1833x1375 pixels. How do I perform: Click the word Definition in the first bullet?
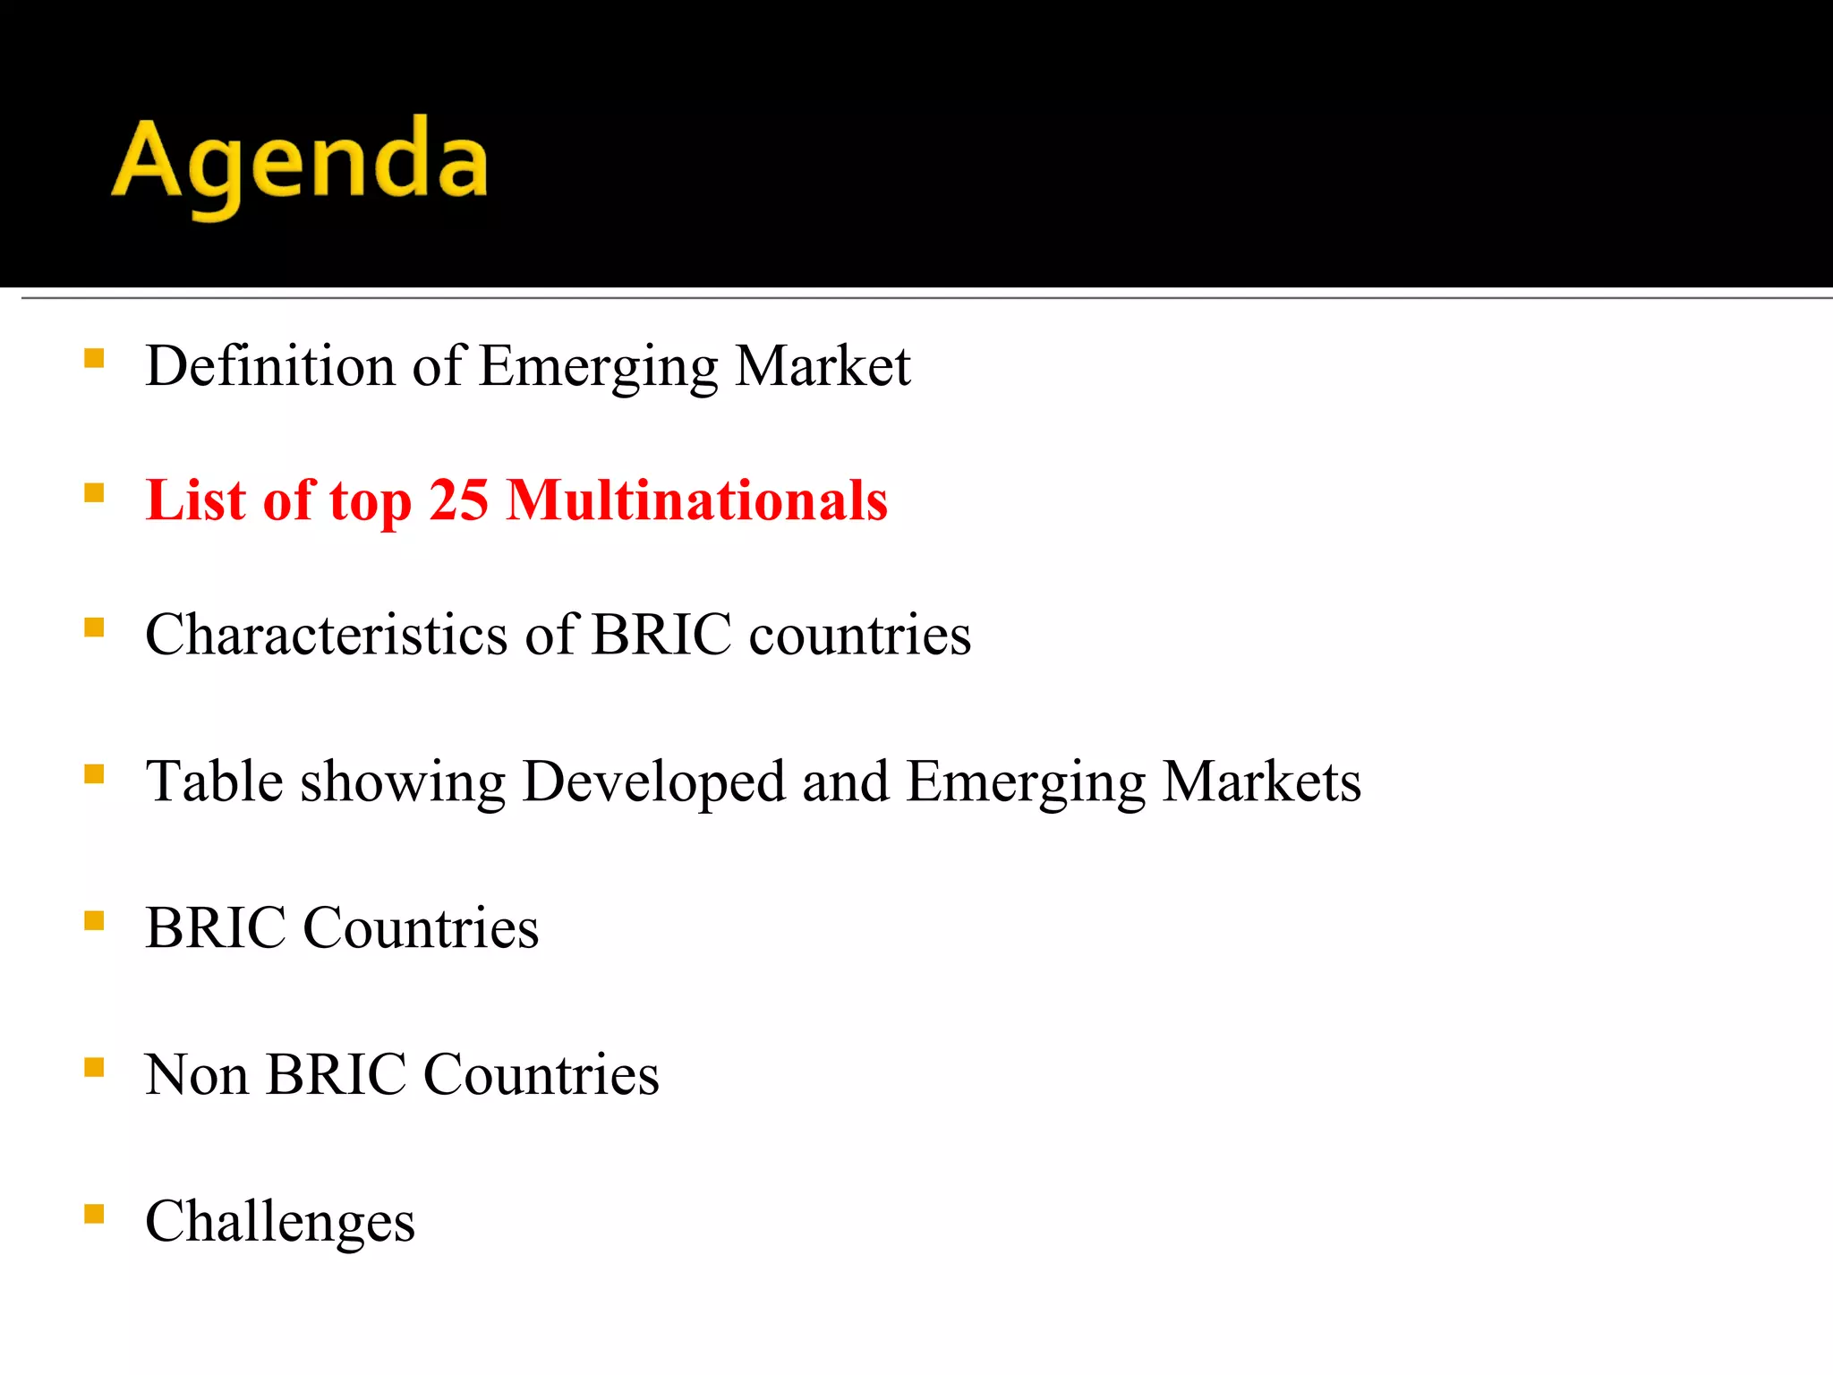click(x=269, y=366)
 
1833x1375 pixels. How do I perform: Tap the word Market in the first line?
click(x=822, y=366)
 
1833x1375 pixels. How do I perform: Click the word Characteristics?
click(x=327, y=635)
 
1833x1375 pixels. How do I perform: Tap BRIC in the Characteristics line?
click(x=661, y=635)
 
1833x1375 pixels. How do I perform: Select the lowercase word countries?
click(x=859, y=635)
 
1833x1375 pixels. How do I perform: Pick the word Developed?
click(x=653, y=782)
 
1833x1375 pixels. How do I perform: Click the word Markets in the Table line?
click(x=1261, y=781)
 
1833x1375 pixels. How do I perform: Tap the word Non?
click(x=196, y=1074)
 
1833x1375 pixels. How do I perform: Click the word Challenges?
click(x=279, y=1222)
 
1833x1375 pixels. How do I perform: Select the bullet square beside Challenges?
click(x=94, y=1214)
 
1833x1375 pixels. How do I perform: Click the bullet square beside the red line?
click(x=94, y=493)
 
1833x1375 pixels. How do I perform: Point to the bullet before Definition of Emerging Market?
click(x=94, y=359)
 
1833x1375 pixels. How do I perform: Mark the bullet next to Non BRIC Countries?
click(x=94, y=1067)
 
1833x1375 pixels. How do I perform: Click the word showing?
click(x=402, y=782)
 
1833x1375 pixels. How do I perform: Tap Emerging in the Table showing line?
click(x=1025, y=782)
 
